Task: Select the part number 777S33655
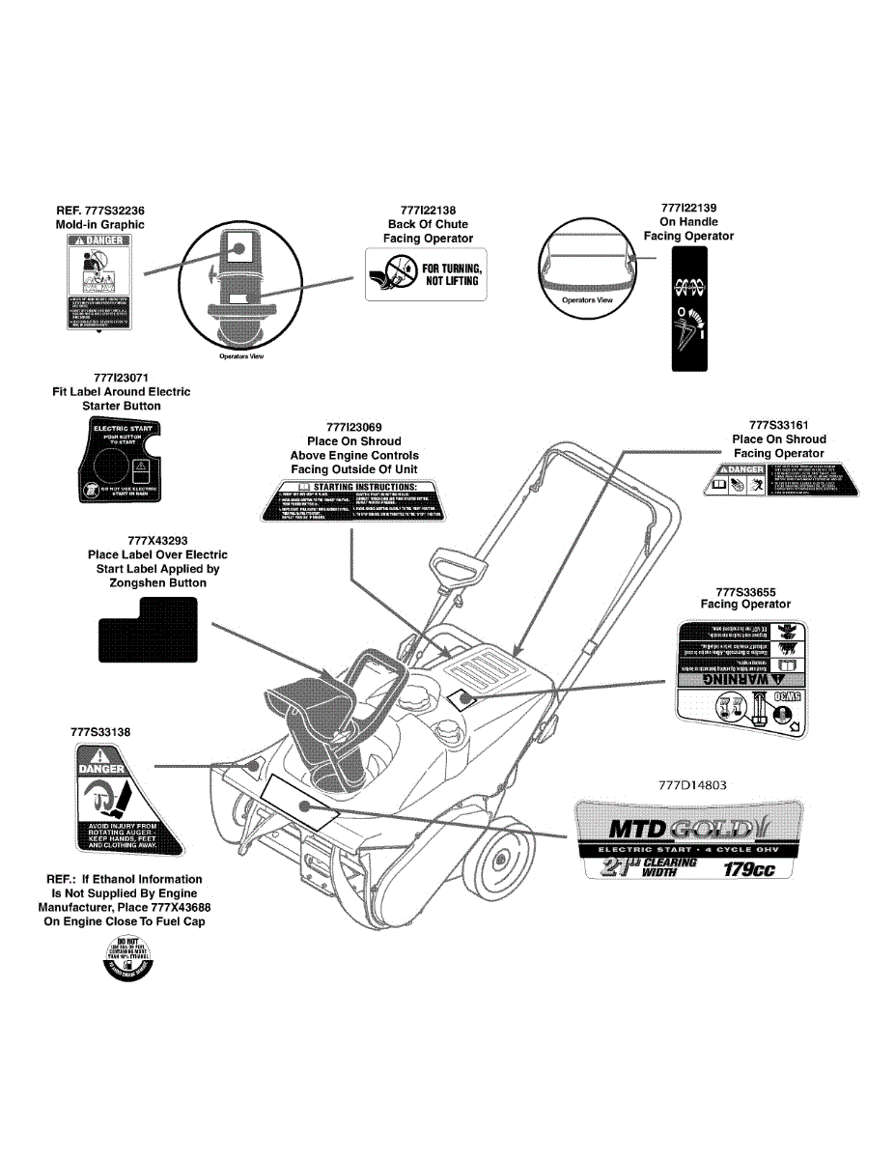(x=745, y=590)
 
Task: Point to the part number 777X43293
(x=157, y=541)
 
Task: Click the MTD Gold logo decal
(x=687, y=828)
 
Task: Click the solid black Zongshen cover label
(x=150, y=629)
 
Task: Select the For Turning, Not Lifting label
(x=426, y=273)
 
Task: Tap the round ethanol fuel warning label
(x=130, y=961)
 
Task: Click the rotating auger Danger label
(x=126, y=804)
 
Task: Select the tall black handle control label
(x=688, y=309)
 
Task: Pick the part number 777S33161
(x=779, y=425)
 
